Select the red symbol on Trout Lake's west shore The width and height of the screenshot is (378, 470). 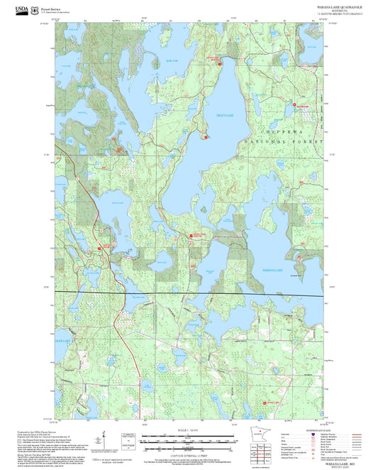tap(206, 136)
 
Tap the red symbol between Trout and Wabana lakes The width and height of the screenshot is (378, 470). tap(190, 236)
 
